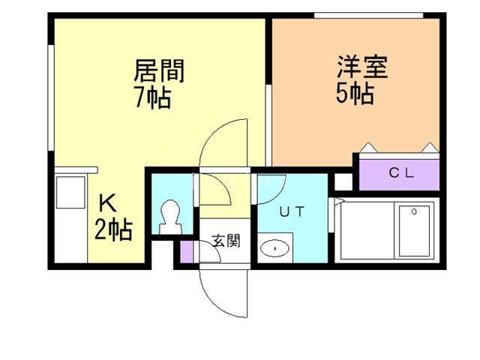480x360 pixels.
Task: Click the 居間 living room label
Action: tap(159, 70)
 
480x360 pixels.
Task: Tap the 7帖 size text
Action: tap(153, 98)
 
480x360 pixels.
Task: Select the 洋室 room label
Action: tap(362, 67)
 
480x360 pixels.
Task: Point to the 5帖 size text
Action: tap(355, 93)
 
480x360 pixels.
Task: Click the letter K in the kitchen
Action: tap(108, 203)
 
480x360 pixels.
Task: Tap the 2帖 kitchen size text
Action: tap(113, 229)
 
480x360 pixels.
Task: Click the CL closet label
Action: tap(401, 173)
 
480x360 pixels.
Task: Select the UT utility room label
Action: tap(292, 211)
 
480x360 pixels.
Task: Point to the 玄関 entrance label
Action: tap(226, 241)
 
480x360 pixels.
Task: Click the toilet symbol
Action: tap(171, 217)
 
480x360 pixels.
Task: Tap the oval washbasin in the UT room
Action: tap(275, 248)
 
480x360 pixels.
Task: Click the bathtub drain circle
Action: tap(414, 211)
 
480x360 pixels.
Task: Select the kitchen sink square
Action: tap(70, 193)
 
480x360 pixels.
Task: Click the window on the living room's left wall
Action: tap(51, 97)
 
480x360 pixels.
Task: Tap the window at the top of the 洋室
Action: tap(368, 16)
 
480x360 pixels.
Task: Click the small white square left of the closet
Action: tap(343, 181)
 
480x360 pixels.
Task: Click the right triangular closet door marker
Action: tap(430, 148)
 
